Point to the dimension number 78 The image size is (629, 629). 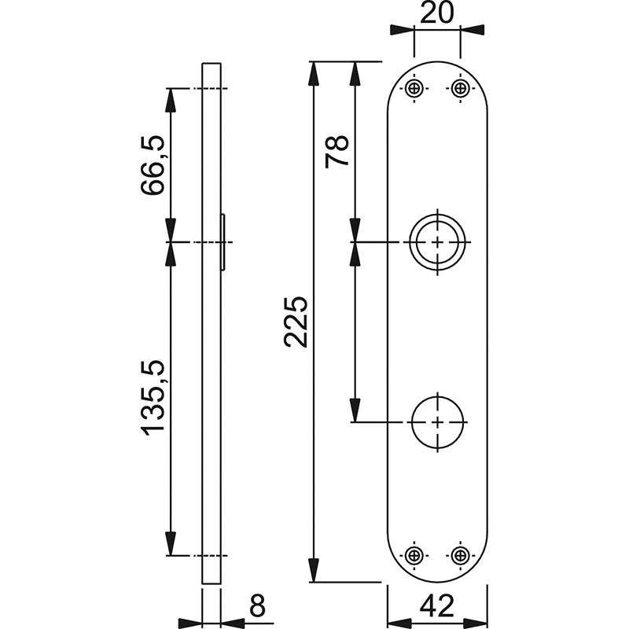point(337,152)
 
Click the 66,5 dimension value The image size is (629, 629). point(153,165)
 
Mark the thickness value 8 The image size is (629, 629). point(257,605)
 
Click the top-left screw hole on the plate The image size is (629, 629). point(414,88)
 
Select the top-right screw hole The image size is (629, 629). point(460,88)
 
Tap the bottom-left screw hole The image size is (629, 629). point(414,556)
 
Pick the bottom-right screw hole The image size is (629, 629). point(460,556)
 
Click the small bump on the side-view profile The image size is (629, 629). point(223,242)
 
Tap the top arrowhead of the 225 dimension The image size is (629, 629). point(314,74)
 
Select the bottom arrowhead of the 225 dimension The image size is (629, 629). point(314,569)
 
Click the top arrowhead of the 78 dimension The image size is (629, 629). point(355,74)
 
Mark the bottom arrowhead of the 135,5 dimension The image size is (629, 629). point(171,543)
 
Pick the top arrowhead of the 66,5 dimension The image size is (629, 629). point(171,101)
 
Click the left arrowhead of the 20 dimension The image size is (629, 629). point(402,30)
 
